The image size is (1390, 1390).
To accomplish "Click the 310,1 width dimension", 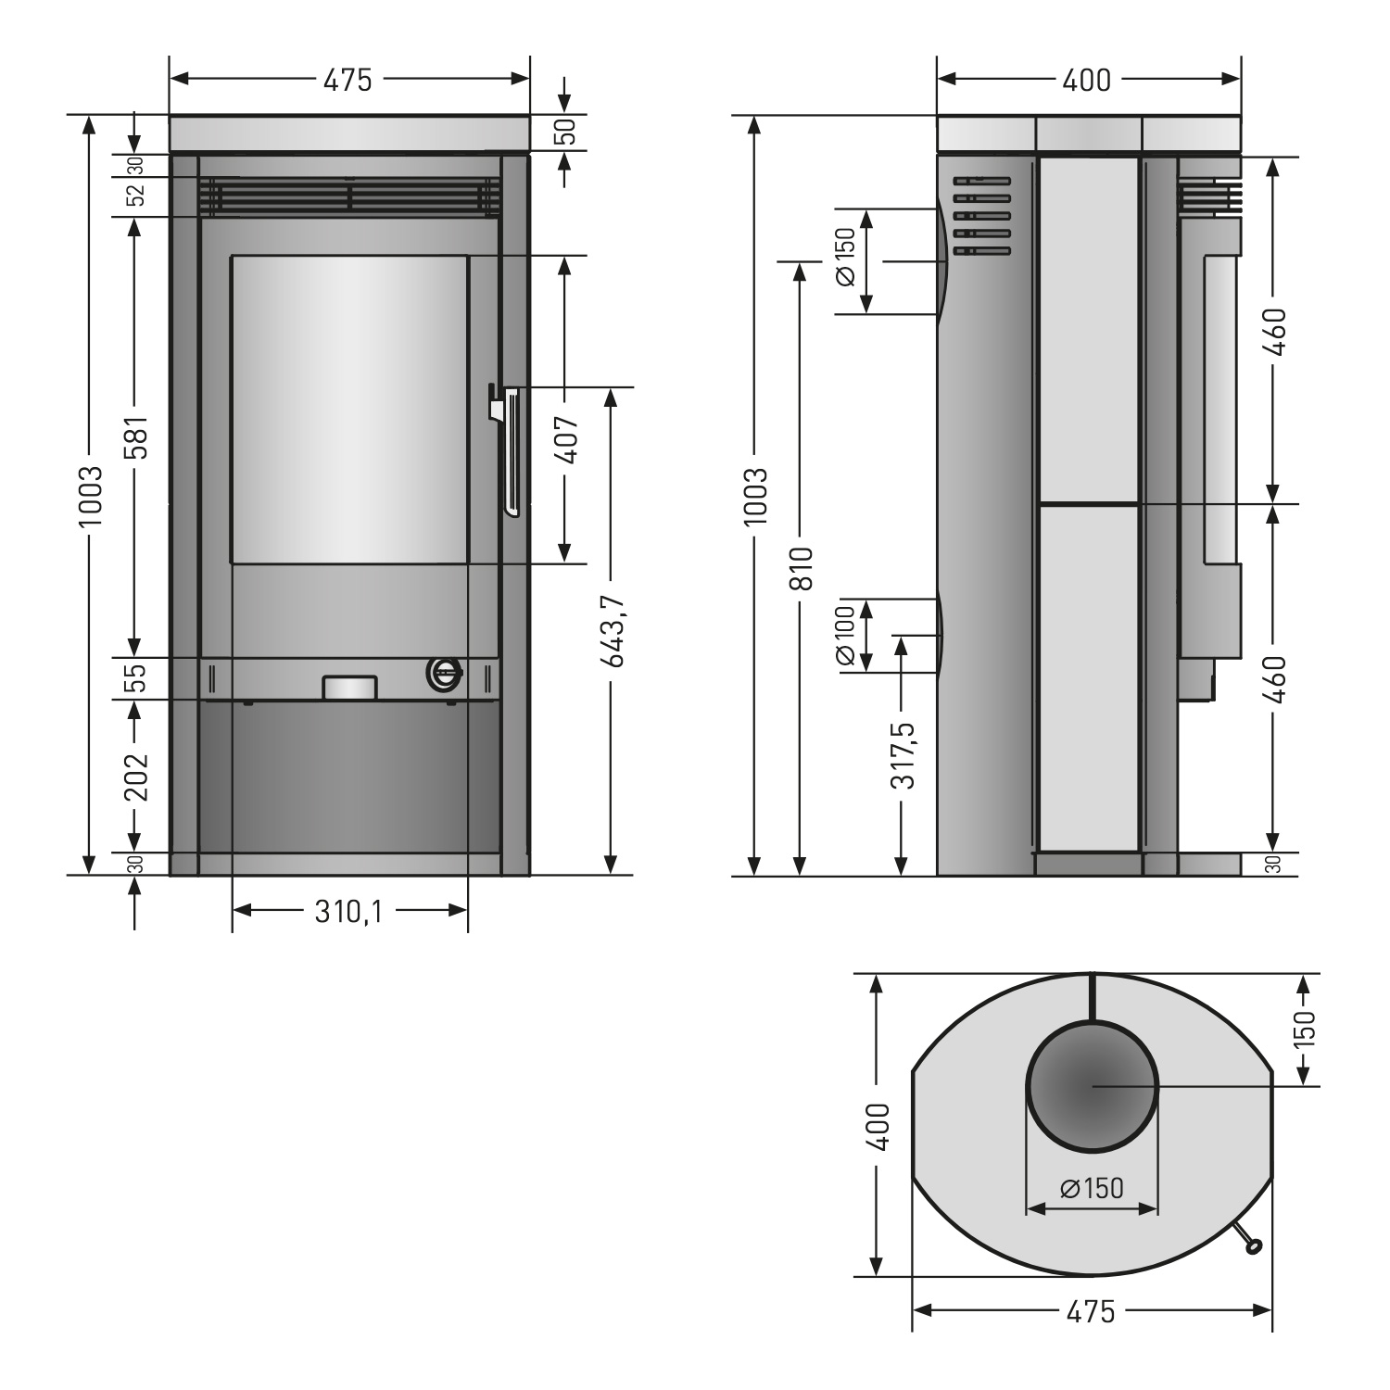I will [x=348, y=913].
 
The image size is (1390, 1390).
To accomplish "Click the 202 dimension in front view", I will [x=135, y=775].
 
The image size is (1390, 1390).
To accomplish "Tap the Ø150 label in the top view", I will [x=1092, y=1188].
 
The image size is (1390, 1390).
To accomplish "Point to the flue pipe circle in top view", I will [x=1093, y=1085].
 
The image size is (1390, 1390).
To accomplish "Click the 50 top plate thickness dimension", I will [x=567, y=132].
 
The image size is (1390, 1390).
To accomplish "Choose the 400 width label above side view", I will [x=1086, y=80].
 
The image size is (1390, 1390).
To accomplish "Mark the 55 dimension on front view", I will [x=135, y=678].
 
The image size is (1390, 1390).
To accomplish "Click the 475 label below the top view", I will [x=1091, y=1311].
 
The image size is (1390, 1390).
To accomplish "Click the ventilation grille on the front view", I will [x=348, y=196].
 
